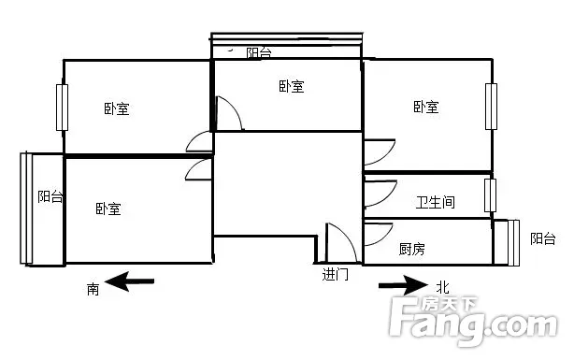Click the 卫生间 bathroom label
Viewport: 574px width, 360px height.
coord(436,202)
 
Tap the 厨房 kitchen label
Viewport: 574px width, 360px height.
coord(412,249)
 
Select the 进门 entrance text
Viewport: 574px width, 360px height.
coord(336,274)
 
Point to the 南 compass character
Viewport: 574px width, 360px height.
coord(93,289)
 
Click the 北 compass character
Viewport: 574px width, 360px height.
coord(442,287)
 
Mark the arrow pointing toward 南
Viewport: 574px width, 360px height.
coord(129,281)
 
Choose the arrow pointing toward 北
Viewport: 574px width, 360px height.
coord(403,285)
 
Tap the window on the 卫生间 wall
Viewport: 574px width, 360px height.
coord(490,195)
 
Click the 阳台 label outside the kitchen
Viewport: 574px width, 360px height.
coord(543,238)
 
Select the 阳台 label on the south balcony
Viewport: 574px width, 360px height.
coord(50,196)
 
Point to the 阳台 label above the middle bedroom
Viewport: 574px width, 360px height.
coord(259,53)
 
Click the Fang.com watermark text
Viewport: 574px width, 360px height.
coord(473,323)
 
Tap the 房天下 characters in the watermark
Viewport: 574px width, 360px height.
coord(450,304)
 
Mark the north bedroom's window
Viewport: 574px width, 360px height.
coord(492,107)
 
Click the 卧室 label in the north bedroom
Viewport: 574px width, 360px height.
coord(426,107)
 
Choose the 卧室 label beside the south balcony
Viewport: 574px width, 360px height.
coord(108,209)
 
